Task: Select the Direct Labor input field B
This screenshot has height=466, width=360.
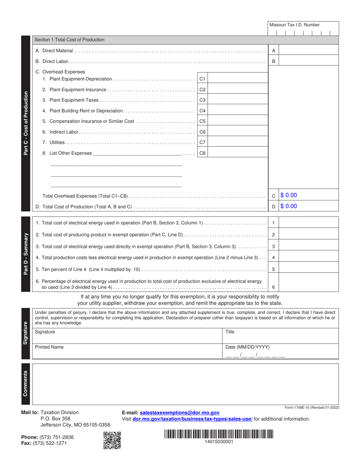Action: click(x=308, y=61)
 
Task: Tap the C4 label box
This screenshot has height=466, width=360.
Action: click(x=202, y=111)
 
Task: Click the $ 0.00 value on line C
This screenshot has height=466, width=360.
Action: click(x=289, y=195)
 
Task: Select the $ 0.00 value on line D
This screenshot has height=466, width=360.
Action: click(x=289, y=206)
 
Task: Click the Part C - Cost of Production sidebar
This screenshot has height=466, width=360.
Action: click(x=26, y=123)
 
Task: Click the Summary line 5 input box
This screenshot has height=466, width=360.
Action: click(x=308, y=270)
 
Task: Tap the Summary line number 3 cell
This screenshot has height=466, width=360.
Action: click(x=273, y=247)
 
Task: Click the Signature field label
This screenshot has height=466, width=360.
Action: click(x=45, y=332)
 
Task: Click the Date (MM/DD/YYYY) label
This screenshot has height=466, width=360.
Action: click(x=247, y=347)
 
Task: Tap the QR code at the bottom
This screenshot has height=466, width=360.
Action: click(x=112, y=440)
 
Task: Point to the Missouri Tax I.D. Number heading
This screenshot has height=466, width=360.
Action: click(x=294, y=25)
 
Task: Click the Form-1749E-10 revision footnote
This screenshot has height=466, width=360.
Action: click(x=311, y=407)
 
